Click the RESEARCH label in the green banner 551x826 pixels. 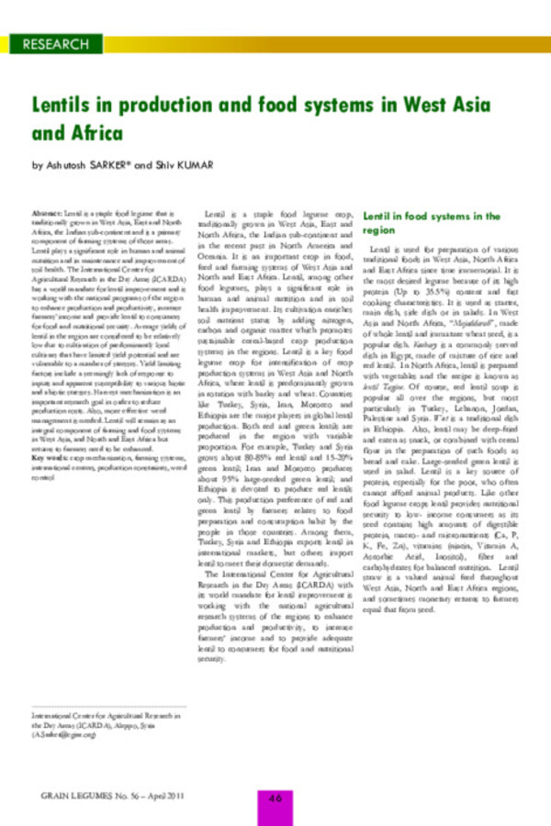point(55,44)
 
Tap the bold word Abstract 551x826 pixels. point(47,211)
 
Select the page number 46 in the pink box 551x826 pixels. point(274,797)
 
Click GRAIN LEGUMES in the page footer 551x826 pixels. point(69,797)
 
